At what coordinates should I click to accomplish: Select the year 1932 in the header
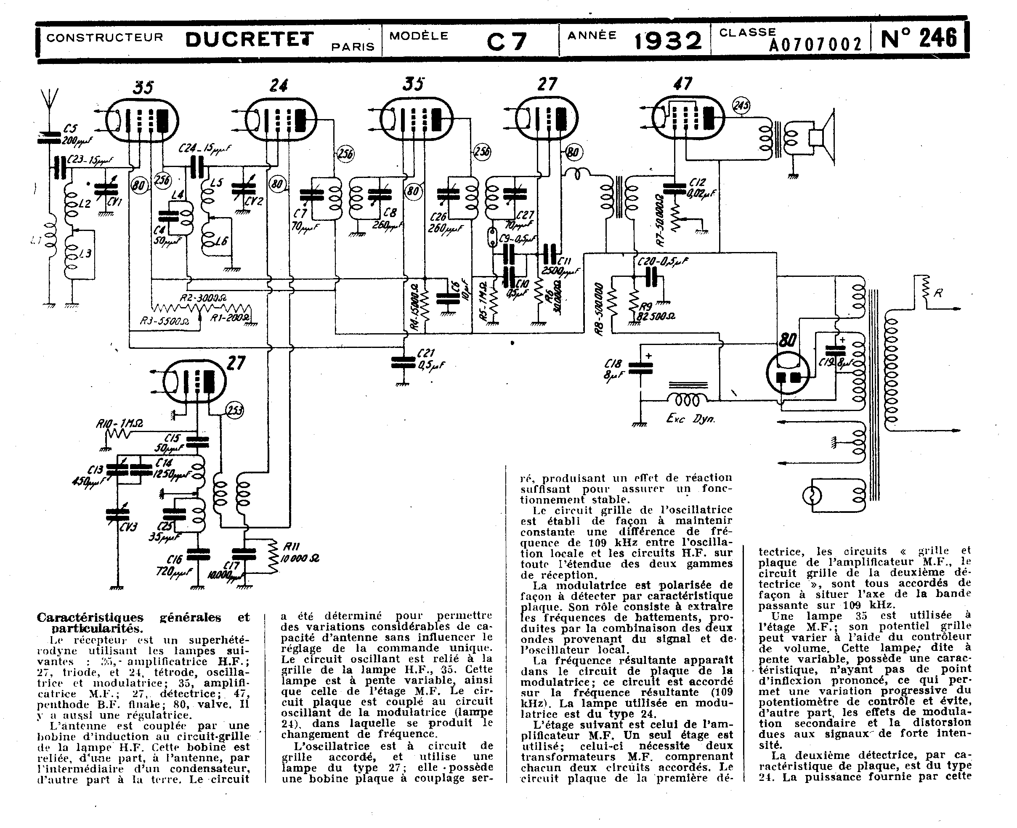click(x=668, y=40)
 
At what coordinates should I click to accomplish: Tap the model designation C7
click(x=507, y=42)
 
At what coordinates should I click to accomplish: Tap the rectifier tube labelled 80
click(x=788, y=372)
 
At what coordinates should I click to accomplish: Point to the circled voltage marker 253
click(x=234, y=411)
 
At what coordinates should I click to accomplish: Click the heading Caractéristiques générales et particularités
click(x=143, y=622)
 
